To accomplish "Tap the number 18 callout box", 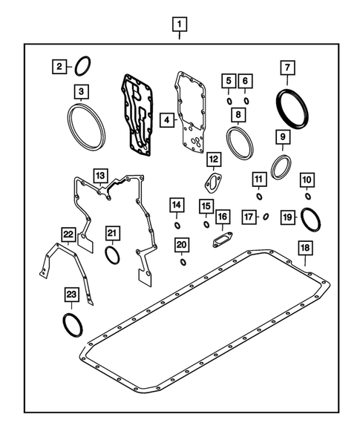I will click(x=304, y=248).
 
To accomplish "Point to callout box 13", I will click(x=100, y=174).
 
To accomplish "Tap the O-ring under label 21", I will click(x=111, y=256).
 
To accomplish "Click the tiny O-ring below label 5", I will click(x=230, y=100).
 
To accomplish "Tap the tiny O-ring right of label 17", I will click(x=266, y=217).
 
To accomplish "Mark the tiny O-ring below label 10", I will click(x=308, y=196).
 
